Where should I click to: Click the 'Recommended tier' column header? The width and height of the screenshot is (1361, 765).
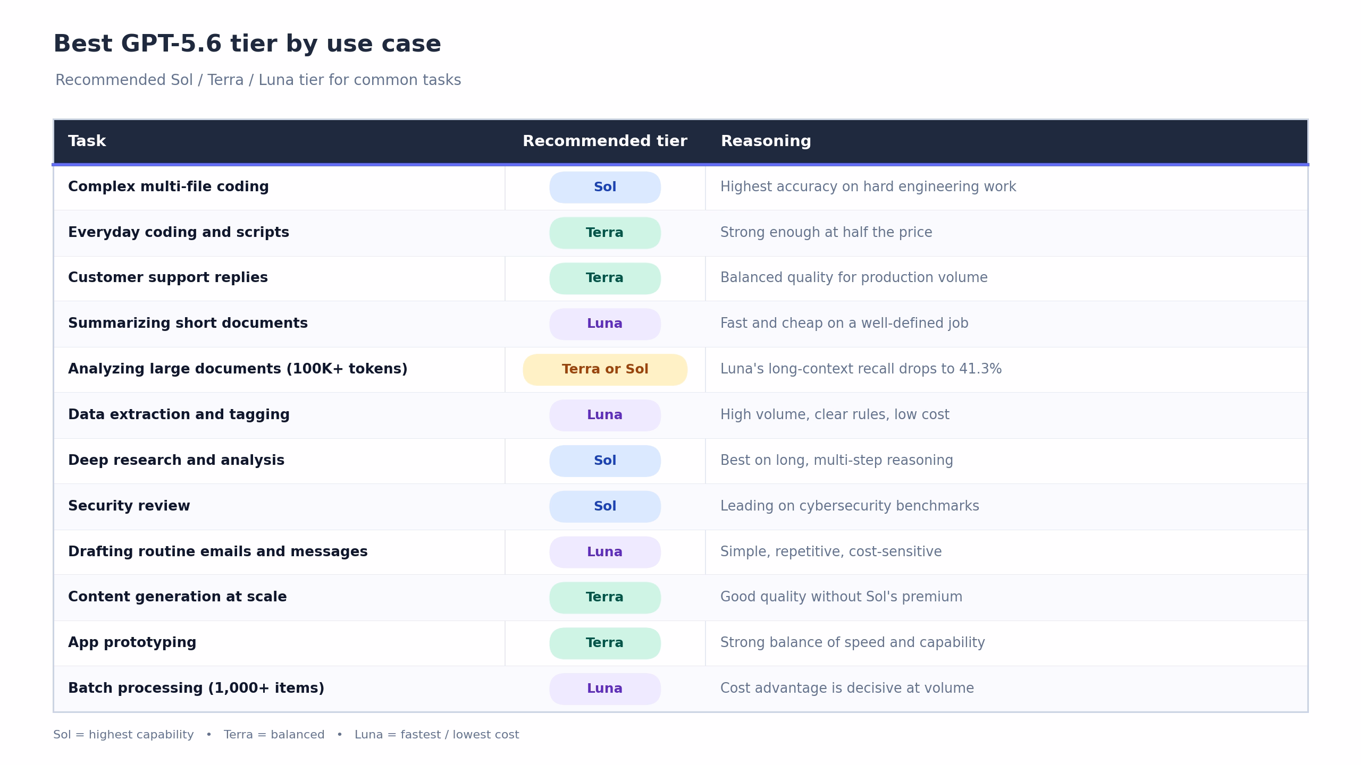click(x=605, y=141)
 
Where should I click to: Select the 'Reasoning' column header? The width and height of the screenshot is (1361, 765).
click(x=766, y=141)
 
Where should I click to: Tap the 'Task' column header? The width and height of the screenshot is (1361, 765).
click(x=87, y=141)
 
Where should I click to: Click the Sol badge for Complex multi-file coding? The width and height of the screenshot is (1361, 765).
click(x=605, y=187)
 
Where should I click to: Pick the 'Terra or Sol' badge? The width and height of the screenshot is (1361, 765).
click(x=605, y=369)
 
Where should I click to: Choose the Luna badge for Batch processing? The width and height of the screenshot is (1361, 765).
click(x=605, y=688)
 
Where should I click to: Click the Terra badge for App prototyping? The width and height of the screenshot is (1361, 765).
click(x=605, y=643)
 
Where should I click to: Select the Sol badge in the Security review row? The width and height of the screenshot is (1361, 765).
click(x=605, y=506)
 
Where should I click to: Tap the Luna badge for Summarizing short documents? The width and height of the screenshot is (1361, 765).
click(x=605, y=324)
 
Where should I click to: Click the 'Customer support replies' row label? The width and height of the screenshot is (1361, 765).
click(x=168, y=278)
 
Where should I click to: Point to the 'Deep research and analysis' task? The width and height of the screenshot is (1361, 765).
click(x=176, y=461)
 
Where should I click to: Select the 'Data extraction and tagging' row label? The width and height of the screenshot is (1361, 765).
click(x=179, y=415)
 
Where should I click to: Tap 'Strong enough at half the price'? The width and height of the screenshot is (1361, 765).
click(x=826, y=233)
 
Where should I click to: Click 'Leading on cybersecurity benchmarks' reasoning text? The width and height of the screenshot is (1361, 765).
click(x=850, y=506)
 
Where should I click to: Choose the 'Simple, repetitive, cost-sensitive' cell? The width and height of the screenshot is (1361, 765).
click(x=831, y=552)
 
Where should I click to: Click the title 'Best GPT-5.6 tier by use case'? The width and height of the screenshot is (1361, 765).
click(x=247, y=44)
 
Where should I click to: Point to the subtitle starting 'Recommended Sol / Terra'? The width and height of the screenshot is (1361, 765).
click(x=258, y=80)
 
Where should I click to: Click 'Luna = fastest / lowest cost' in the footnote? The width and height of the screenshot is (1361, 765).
click(x=436, y=735)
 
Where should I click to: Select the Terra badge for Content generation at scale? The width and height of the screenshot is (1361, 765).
click(x=605, y=598)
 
